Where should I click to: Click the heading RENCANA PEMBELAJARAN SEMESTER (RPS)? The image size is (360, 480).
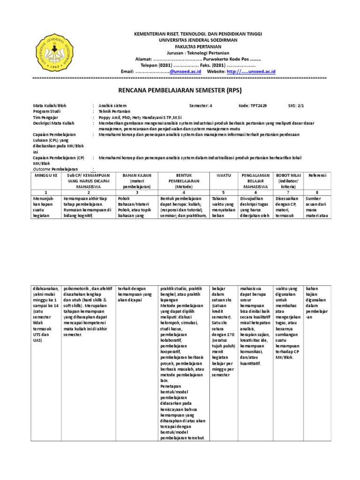pos(180,90)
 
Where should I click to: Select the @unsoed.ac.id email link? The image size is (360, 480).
pos(185,71)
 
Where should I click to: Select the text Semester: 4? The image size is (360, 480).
pos(201,106)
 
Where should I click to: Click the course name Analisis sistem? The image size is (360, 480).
pos(112,106)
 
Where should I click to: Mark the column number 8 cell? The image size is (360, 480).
pos(317,192)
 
